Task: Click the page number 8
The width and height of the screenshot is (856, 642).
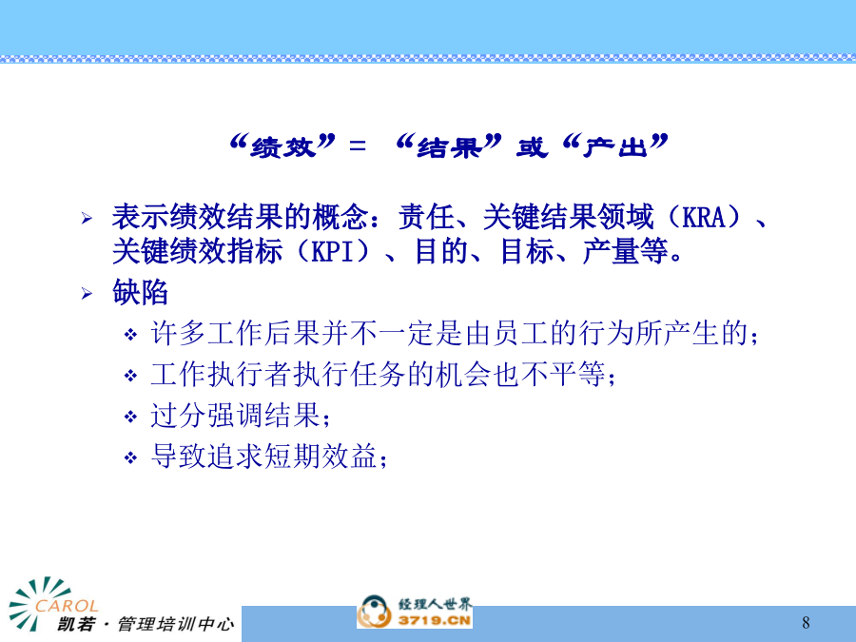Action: [806, 622]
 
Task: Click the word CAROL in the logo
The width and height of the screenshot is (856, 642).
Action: [67, 606]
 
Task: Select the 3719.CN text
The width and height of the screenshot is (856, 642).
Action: [435, 620]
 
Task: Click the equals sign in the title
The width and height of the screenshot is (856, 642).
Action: [358, 146]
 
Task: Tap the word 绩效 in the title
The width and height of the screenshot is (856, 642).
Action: [283, 146]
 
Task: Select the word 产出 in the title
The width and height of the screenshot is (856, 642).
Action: [615, 146]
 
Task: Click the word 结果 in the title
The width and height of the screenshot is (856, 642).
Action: [449, 146]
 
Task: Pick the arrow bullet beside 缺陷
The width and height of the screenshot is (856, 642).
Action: [87, 294]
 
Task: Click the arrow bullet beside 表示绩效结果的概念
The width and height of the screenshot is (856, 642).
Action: [87, 219]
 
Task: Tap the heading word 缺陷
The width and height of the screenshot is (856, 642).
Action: [141, 292]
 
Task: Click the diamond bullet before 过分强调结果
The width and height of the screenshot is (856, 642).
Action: [130, 417]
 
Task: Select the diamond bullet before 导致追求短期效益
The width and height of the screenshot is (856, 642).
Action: [130, 457]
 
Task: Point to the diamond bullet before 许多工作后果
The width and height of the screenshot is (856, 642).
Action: [130, 334]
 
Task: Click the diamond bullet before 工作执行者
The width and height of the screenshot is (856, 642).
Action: [130, 376]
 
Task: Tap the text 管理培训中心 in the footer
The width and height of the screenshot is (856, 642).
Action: [176, 623]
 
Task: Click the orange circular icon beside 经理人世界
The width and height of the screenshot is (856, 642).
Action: [375, 612]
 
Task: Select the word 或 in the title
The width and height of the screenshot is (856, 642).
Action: [532, 146]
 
